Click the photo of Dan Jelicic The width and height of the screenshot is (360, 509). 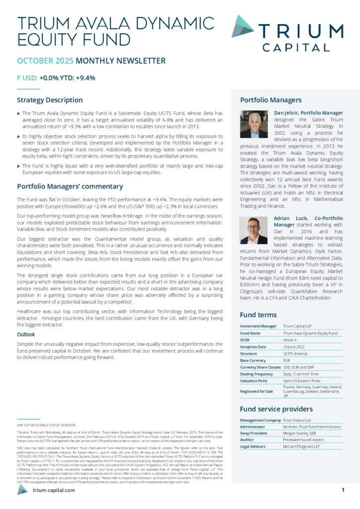(254, 124)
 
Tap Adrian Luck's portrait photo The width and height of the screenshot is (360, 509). (254, 231)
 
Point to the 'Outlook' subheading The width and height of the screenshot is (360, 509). (26, 335)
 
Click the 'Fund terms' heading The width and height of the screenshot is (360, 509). (258, 315)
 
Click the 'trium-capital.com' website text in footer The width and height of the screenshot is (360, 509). (54, 490)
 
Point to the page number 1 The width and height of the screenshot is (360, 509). (343, 490)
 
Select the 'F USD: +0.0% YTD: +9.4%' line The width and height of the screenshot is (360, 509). (56, 78)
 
